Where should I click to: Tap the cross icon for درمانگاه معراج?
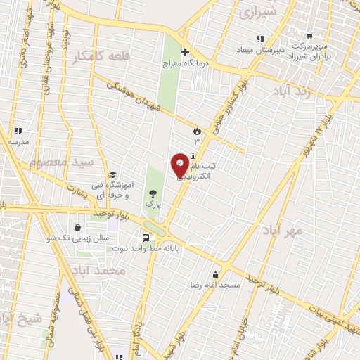185,52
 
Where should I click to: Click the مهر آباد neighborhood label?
283,230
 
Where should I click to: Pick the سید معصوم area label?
61,162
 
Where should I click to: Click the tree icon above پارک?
153,193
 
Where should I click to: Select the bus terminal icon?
146,238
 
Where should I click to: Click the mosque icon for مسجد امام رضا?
214,275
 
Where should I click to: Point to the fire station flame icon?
197,131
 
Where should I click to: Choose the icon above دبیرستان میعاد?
260,39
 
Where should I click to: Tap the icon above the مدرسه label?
18,131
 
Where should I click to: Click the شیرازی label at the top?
258,13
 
